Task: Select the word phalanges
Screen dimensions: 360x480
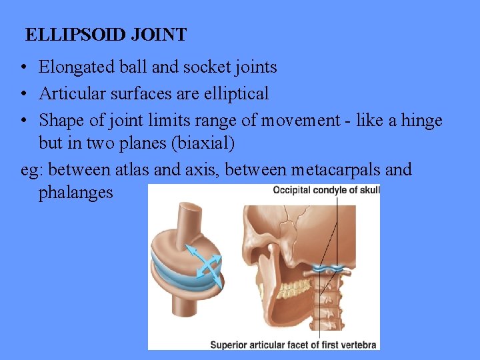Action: (x=76, y=193)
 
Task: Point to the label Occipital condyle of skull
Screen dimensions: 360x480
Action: (x=326, y=191)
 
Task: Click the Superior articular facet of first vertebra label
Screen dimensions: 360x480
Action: (x=293, y=345)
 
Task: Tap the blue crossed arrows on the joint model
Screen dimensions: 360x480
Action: (x=203, y=265)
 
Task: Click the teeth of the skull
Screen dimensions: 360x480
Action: (x=294, y=289)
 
